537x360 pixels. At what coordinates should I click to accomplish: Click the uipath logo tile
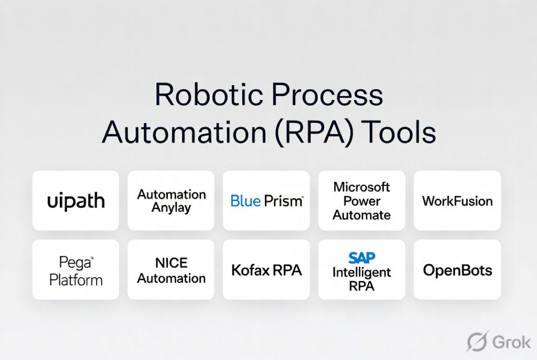pyautogui.click(x=76, y=201)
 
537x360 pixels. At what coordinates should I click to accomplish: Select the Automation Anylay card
pyautogui.click(x=171, y=201)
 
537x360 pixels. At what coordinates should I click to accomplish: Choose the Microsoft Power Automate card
pyautogui.click(x=362, y=201)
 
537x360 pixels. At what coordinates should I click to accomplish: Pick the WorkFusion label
pyautogui.click(x=457, y=201)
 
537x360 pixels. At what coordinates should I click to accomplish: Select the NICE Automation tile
pyautogui.click(x=171, y=270)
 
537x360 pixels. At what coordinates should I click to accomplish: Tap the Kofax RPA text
pyautogui.click(x=266, y=270)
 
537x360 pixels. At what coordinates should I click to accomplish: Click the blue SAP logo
pyautogui.click(x=361, y=258)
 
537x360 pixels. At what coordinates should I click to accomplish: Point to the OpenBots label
pyautogui.click(x=457, y=270)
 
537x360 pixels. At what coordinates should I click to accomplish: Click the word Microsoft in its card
pyautogui.click(x=362, y=187)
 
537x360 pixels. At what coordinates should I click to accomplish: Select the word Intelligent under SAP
pyautogui.click(x=362, y=272)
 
